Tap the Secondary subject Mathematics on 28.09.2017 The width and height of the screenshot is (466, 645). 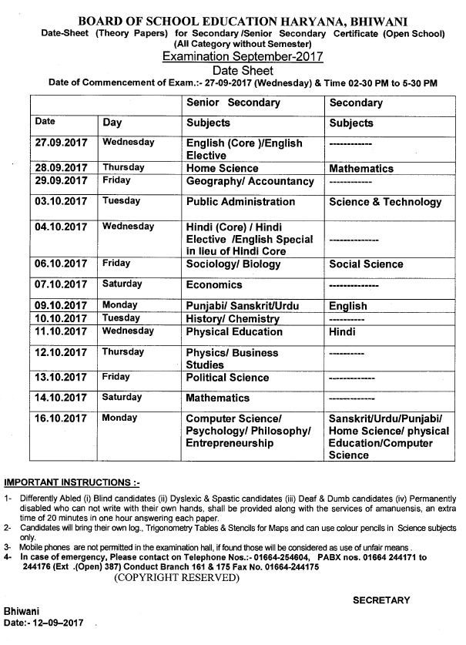[x=361, y=168]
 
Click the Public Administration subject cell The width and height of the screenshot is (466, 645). [x=241, y=202]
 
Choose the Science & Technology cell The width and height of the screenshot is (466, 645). [x=385, y=202]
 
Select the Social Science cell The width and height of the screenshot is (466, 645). [x=366, y=264]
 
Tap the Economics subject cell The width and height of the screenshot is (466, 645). [x=215, y=284]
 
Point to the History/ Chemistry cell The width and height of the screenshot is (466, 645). [x=233, y=318]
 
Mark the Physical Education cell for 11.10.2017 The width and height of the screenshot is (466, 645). [x=235, y=332]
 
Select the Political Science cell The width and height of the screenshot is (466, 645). [x=228, y=378]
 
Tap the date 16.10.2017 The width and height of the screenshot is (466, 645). [x=62, y=418]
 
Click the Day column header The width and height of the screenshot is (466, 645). [x=112, y=123]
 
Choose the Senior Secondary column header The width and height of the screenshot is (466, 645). [x=233, y=102]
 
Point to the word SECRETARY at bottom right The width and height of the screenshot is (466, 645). [x=382, y=600]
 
